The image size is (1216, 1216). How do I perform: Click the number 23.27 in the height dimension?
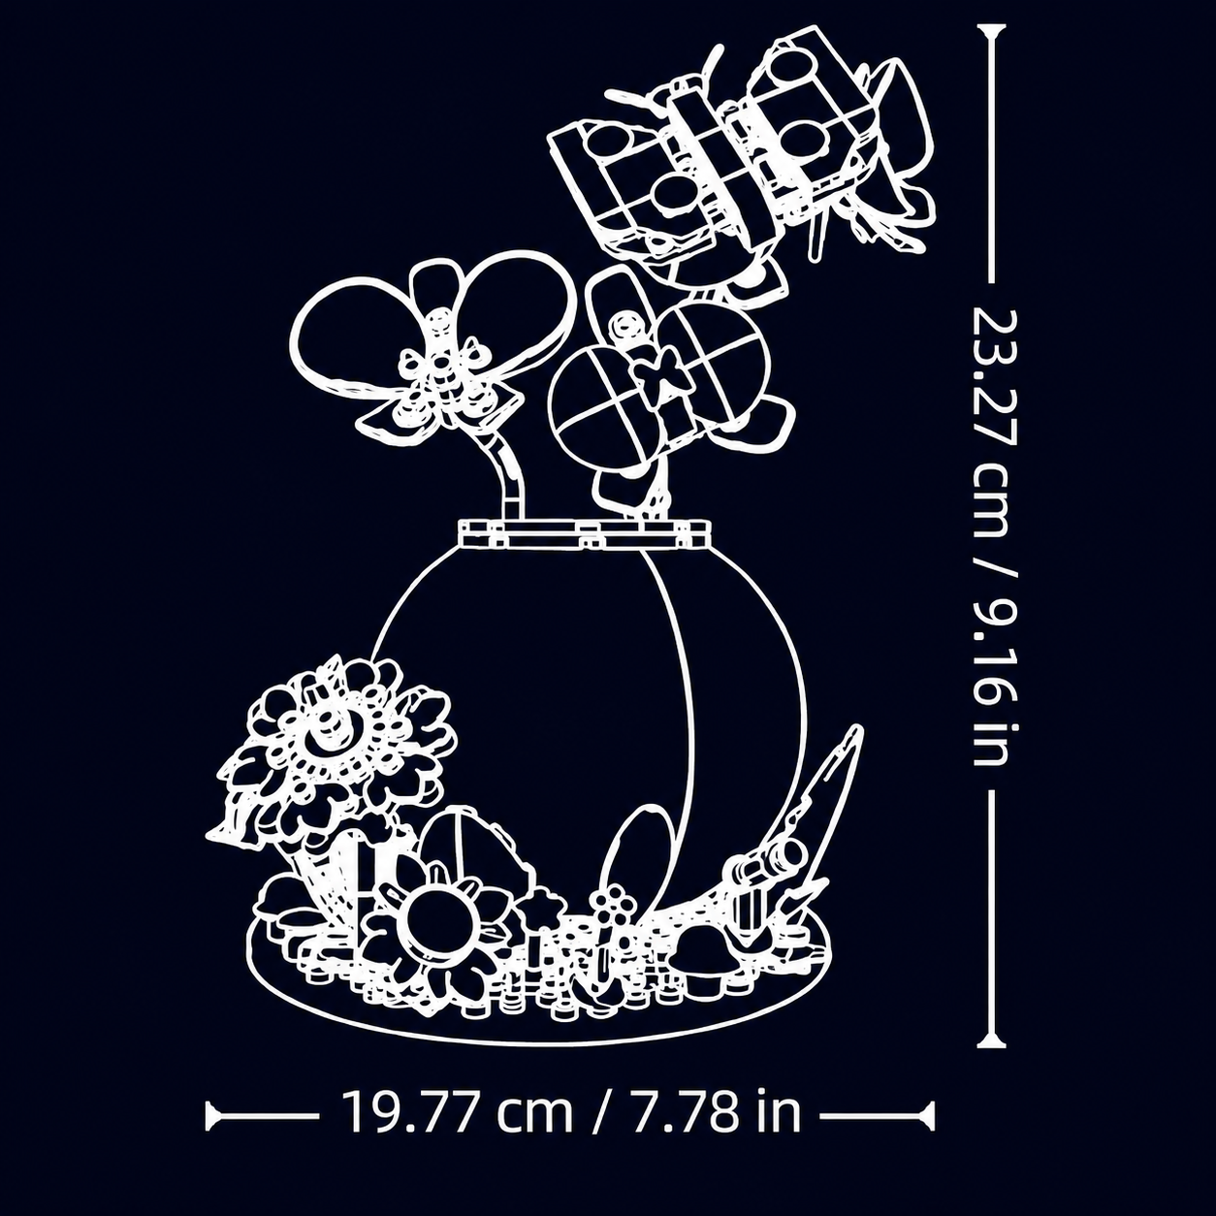[995, 378]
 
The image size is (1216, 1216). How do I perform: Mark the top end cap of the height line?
[991, 27]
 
